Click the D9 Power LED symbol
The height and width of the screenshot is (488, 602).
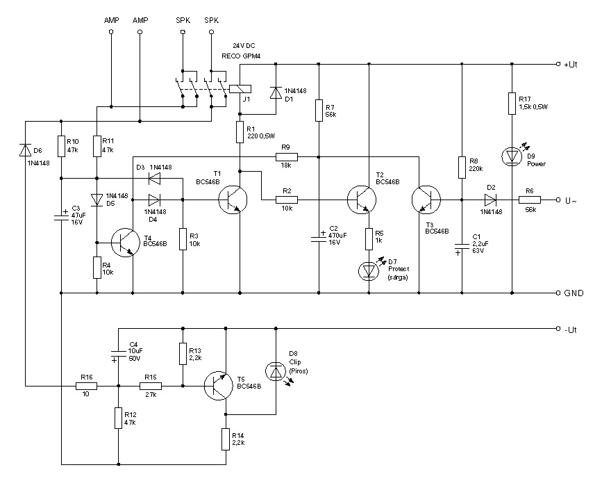512,156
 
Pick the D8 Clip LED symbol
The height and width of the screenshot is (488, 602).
276,372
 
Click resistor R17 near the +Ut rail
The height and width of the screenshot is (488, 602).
512,104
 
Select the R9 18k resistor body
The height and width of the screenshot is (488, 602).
285,156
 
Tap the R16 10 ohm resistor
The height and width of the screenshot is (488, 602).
87,385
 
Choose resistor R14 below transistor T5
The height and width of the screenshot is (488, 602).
226,439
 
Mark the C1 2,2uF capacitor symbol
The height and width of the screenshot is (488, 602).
461,245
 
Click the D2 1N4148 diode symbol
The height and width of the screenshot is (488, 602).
491,200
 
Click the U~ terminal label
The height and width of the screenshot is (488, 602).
571,201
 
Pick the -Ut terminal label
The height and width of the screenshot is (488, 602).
571,329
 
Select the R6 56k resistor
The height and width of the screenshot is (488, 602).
528,200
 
